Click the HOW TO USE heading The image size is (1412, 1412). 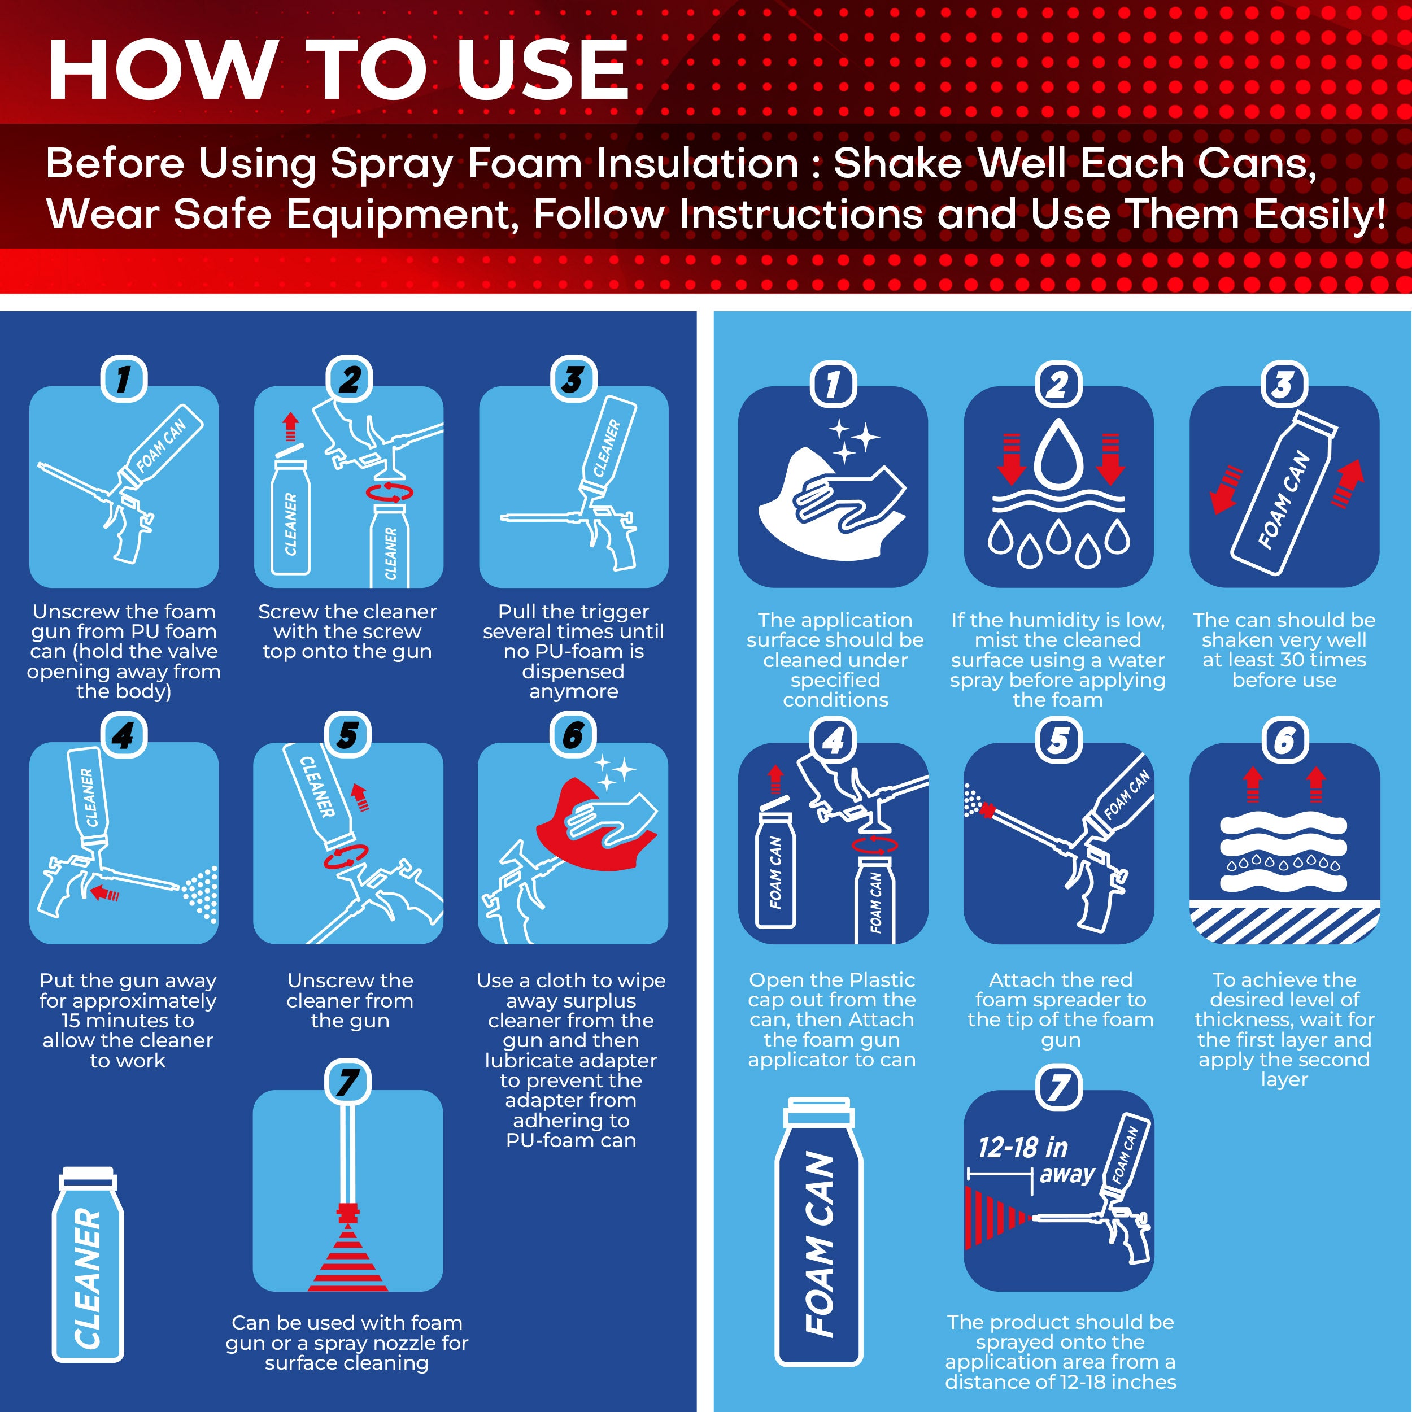(x=338, y=69)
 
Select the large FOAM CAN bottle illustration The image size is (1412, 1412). (x=818, y=1231)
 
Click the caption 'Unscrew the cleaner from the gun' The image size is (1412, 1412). (x=350, y=1000)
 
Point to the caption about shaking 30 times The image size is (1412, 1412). (x=1284, y=650)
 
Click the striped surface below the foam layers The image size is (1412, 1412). (x=1284, y=922)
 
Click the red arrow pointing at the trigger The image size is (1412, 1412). (x=104, y=892)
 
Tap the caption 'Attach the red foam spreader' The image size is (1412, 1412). (x=1061, y=1009)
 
